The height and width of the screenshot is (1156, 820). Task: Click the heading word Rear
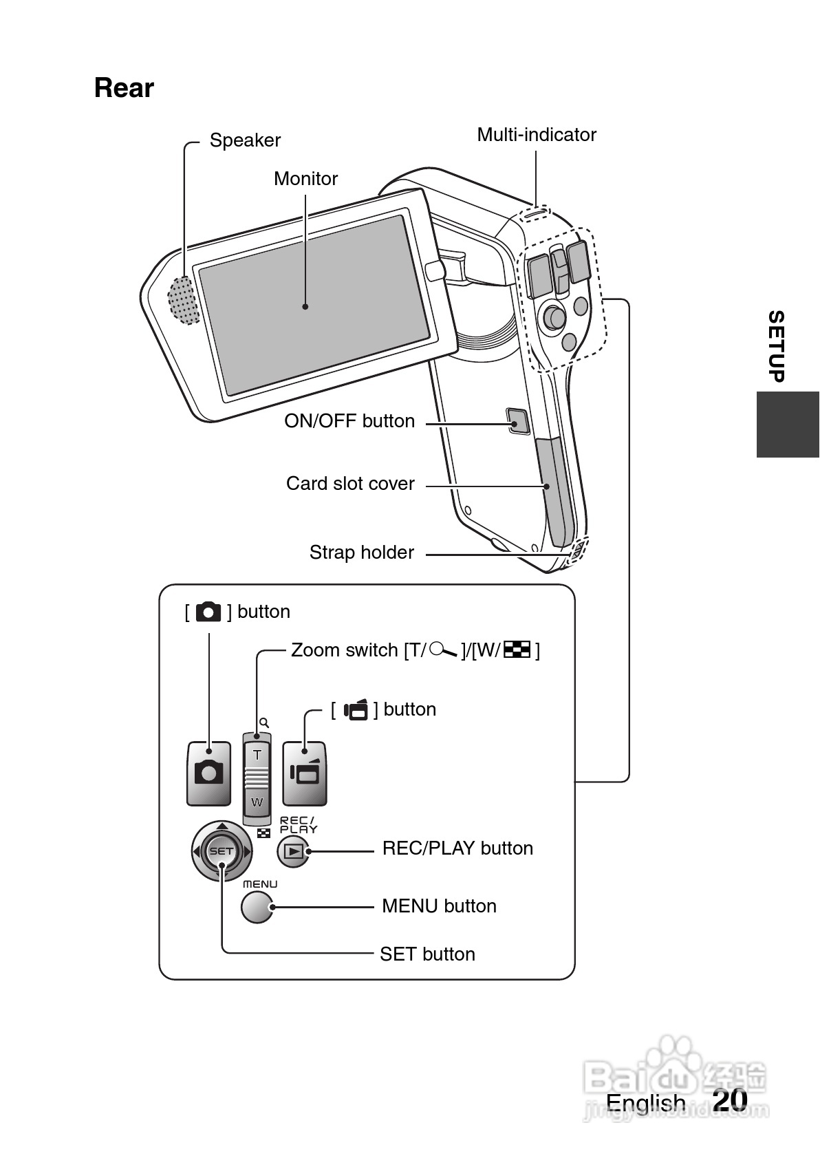tap(124, 88)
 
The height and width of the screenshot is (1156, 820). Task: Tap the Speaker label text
tap(245, 140)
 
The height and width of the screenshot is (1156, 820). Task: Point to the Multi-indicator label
tap(537, 135)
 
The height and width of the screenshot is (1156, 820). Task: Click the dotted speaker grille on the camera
tap(183, 300)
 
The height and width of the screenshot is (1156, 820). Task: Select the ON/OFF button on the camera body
tap(518, 421)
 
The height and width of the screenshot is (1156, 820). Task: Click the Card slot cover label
tap(350, 484)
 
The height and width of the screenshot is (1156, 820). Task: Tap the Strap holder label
tap(361, 553)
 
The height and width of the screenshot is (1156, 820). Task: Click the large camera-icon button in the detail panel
tap(208, 773)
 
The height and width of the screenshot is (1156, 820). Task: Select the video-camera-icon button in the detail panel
tap(305, 773)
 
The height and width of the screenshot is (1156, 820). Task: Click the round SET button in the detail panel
tap(222, 851)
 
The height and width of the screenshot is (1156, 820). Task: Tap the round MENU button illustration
tap(258, 907)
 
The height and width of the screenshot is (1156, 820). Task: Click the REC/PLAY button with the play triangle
tap(294, 852)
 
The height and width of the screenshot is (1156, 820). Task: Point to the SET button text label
tap(427, 954)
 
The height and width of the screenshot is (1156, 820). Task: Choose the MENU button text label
tap(439, 906)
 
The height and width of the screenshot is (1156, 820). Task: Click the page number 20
tap(730, 1100)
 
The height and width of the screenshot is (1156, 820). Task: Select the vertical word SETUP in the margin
tap(776, 346)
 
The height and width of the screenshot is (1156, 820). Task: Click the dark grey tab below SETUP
tap(788, 425)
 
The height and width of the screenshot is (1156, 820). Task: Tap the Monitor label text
tap(305, 179)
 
